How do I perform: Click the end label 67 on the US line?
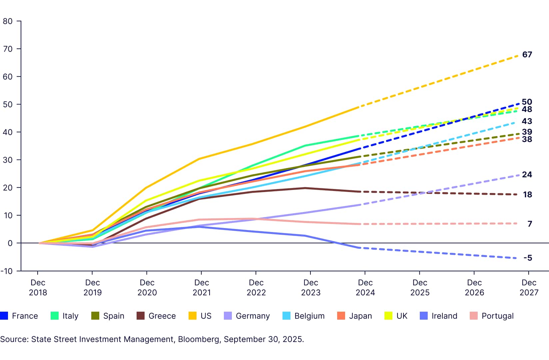coord(527,55)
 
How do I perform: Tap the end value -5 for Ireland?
coord(527,258)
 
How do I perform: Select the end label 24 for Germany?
coord(527,175)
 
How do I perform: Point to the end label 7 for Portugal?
coord(529,224)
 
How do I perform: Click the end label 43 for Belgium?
coord(527,121)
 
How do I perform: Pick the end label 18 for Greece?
coord(527,195)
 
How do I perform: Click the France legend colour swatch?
coord(4,316)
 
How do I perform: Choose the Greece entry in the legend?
coord(162,316)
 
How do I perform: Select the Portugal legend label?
coord(497,316)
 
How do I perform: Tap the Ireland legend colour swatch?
coord(424,316)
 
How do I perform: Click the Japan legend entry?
coord(360,316)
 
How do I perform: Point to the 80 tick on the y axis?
coord(8,21)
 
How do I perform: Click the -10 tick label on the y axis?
coord(7,271)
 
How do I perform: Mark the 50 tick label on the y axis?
coord(8,104)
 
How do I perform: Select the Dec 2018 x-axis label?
coord(38,287)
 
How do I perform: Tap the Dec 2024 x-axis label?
coord(365,287)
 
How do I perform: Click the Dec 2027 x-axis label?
coord(529,287)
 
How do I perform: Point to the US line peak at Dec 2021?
coord(199,159)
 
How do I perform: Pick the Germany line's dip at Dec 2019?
coord(92,247)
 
